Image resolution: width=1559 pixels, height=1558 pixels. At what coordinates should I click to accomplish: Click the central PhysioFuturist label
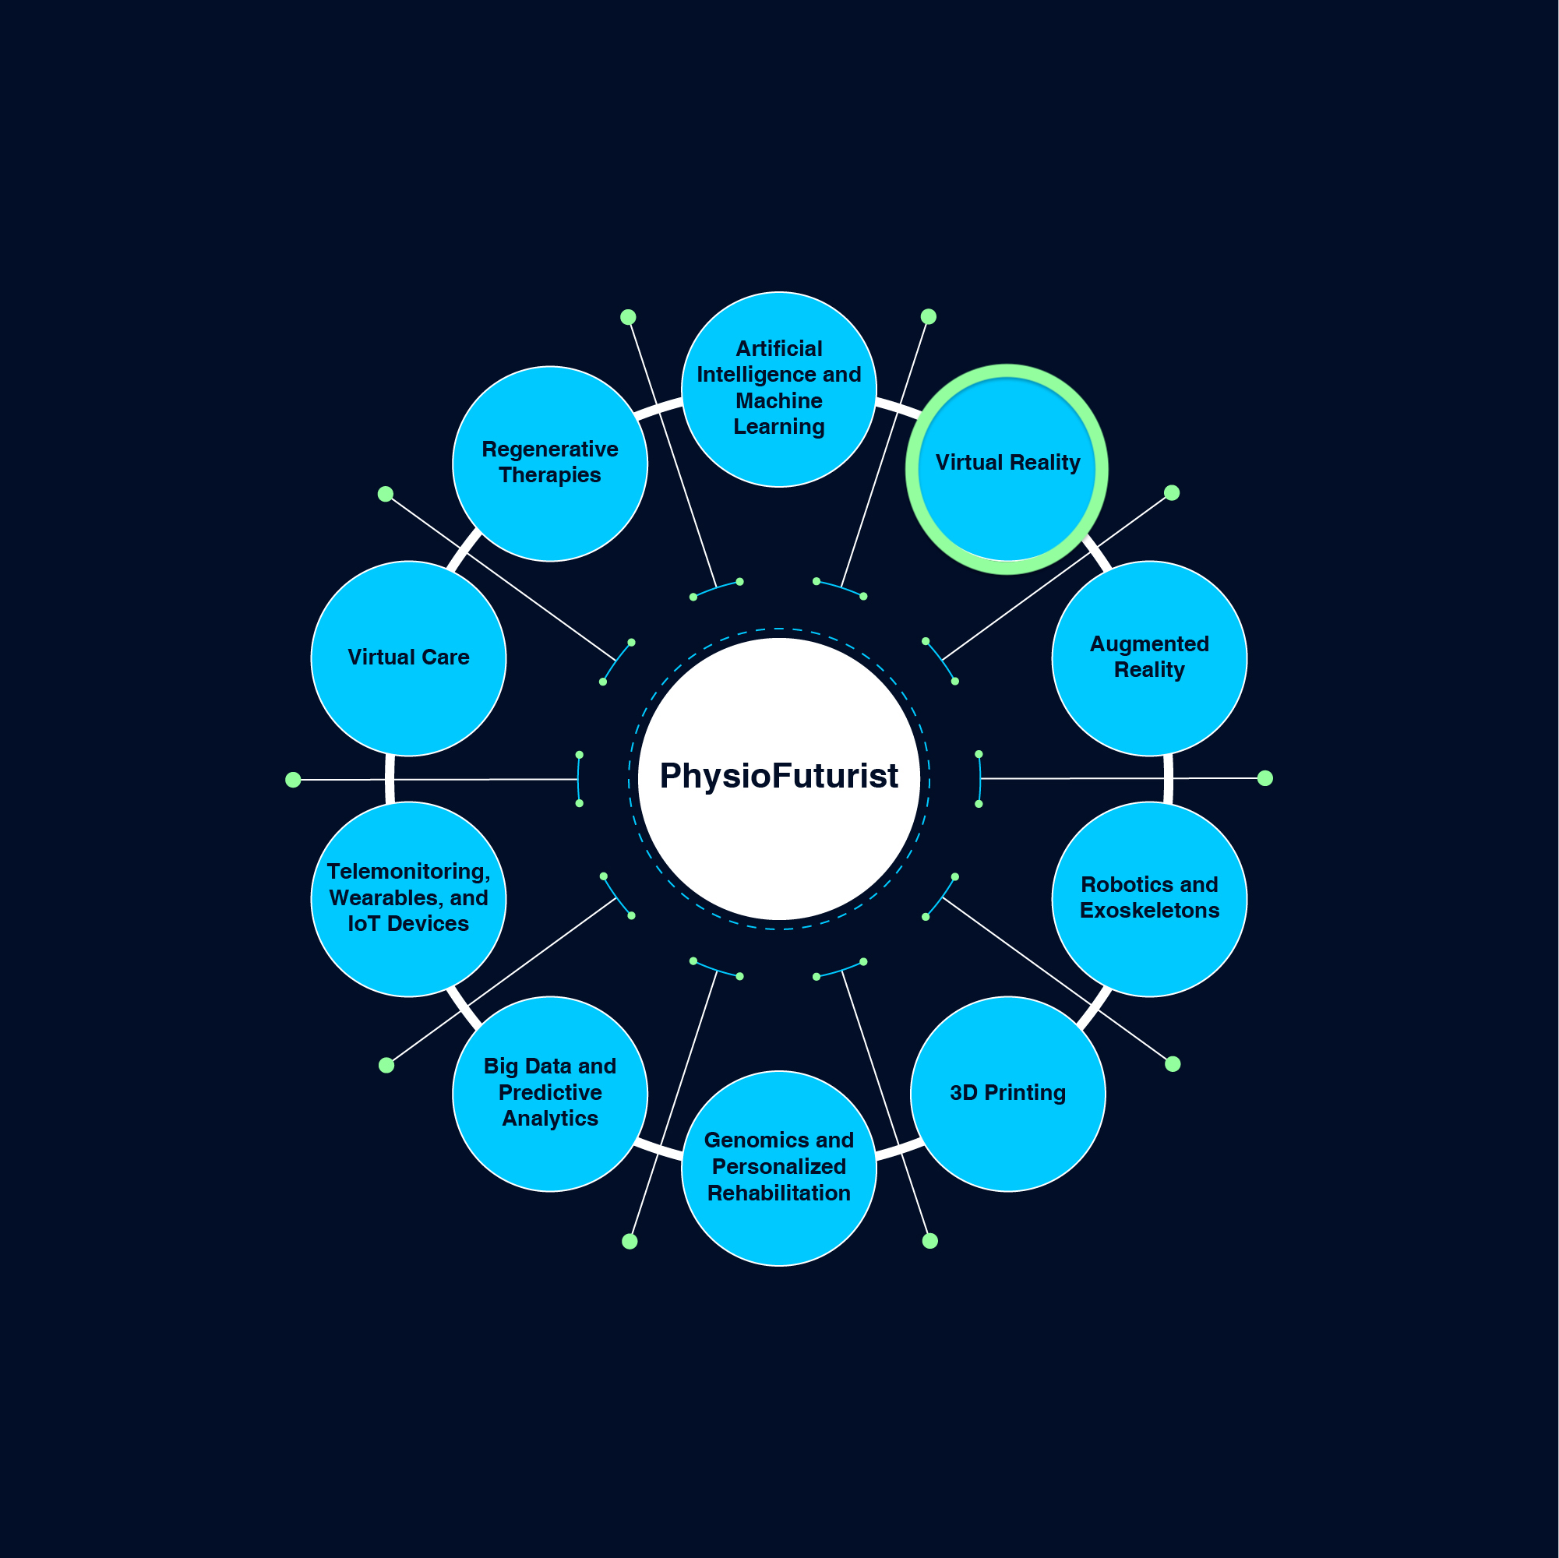pyautogui.click(x=778, y=775)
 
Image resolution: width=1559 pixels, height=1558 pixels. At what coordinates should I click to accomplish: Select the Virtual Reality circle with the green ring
pyautogui.click(x=1007, y=469)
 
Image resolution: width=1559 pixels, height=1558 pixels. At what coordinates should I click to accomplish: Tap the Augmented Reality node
pyautogui.click(x=1149, y=658)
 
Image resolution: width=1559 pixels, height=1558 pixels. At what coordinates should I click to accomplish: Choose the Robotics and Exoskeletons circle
pyautogui.click(x=1149, y=899)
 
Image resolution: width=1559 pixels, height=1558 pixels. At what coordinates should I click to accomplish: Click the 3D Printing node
pyautogui.click(x=1008, y=1093)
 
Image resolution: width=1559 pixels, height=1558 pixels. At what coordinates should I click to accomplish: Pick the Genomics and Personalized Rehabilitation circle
pyautogui.click(x=778, y=1168)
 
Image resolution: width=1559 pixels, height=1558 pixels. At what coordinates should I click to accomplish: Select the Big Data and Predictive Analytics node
pyautogui.click(x=550, y=1093)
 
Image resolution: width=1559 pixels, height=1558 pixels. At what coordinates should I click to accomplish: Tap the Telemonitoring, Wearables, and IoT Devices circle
pyautogui.click(x=408, y=899)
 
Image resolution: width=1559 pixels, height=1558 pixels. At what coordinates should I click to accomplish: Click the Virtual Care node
pyautogui.click(x=408, y=658)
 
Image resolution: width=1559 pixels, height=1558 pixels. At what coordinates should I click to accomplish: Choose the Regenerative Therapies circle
pyautogui.click(x=550, y=464)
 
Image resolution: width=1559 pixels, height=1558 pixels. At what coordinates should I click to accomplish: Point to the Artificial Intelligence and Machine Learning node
pyautogui.click(x=778, y=389)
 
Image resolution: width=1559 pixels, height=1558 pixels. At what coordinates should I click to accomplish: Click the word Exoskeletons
pyautogui.click(x=1149, y=910)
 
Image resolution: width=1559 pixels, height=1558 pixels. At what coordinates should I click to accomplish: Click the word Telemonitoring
pyautogui.click(x=408, y=872)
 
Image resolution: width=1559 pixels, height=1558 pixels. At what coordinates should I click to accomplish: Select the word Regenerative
pyautogui.click(x=550, y=449)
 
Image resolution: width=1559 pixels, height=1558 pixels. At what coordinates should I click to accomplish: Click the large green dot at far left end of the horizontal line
pyautogui.click(x=293, y=780)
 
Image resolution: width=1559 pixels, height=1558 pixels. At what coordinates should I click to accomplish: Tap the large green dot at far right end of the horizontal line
pyautogui.click(x=1265, y=777)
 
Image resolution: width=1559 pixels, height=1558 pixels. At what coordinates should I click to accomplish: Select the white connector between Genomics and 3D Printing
pyautogui.click(x=898, y=1149)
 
